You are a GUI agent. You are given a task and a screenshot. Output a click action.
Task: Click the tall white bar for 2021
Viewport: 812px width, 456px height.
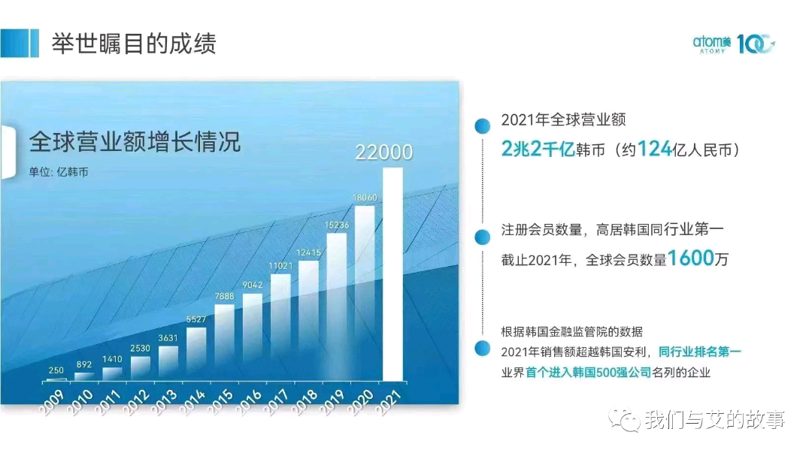pyautogui.click(x=392, y=274)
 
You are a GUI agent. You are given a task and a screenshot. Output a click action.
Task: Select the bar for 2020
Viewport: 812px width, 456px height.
pyautogui.click(x=365, y=294)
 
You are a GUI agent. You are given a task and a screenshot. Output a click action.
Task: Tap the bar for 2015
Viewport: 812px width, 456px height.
pyautogui.click(x=224, y=343)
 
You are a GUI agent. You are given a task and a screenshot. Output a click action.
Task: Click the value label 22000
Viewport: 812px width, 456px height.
pyautogui.click(x=383, y=153)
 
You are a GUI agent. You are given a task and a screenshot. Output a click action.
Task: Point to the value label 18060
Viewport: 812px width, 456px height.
pyautogui.click(x=365, y=198)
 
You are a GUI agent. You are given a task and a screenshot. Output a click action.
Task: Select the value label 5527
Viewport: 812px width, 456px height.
pyautogui.click(x=196, y=319)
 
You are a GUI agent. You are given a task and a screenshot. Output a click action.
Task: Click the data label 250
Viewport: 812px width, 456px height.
pyautogui.click(x=56, y=370)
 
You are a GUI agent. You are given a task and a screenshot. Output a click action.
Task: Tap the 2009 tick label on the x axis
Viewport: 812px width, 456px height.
pyautogui.click(x=52, y=402)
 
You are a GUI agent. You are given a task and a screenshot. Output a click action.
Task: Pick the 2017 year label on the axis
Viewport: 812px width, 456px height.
pyautogui.click(x=276, y=402)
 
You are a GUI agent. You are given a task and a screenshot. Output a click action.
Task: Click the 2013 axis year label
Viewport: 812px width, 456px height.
pyautogui.click(x=164, y=402)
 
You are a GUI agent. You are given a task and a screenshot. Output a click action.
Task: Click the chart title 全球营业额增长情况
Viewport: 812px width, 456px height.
pyautogui.click(x=135, y=141)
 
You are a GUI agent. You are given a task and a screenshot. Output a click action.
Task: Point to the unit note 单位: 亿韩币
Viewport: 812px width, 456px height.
pyautogui.click(x=59, y=172)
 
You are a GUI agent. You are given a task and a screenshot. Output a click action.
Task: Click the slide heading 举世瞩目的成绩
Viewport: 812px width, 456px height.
pyautogui.click(x=134, y=44)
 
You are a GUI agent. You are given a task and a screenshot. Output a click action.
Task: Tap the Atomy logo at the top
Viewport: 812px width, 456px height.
pyautogui.click(x=734, y=44)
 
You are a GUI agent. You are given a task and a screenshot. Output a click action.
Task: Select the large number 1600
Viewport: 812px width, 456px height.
pyautogui.click(x=691, y=258)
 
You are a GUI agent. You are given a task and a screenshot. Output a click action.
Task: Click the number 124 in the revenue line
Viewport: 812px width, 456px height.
pyautogui.click(x=655, y=149)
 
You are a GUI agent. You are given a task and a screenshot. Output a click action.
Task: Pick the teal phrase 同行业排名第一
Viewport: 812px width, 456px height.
pyautogui.click(x=700, y=352)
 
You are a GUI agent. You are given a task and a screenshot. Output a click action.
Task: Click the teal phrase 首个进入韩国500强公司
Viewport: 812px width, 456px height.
pyautogui.click(x=588, y=372)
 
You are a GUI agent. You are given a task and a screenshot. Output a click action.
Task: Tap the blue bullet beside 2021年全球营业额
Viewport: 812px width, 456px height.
pyautogui.click(x=483, y=125)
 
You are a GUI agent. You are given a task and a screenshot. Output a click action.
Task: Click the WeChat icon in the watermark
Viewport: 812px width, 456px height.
pyautogui.click(x=625, y=419)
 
